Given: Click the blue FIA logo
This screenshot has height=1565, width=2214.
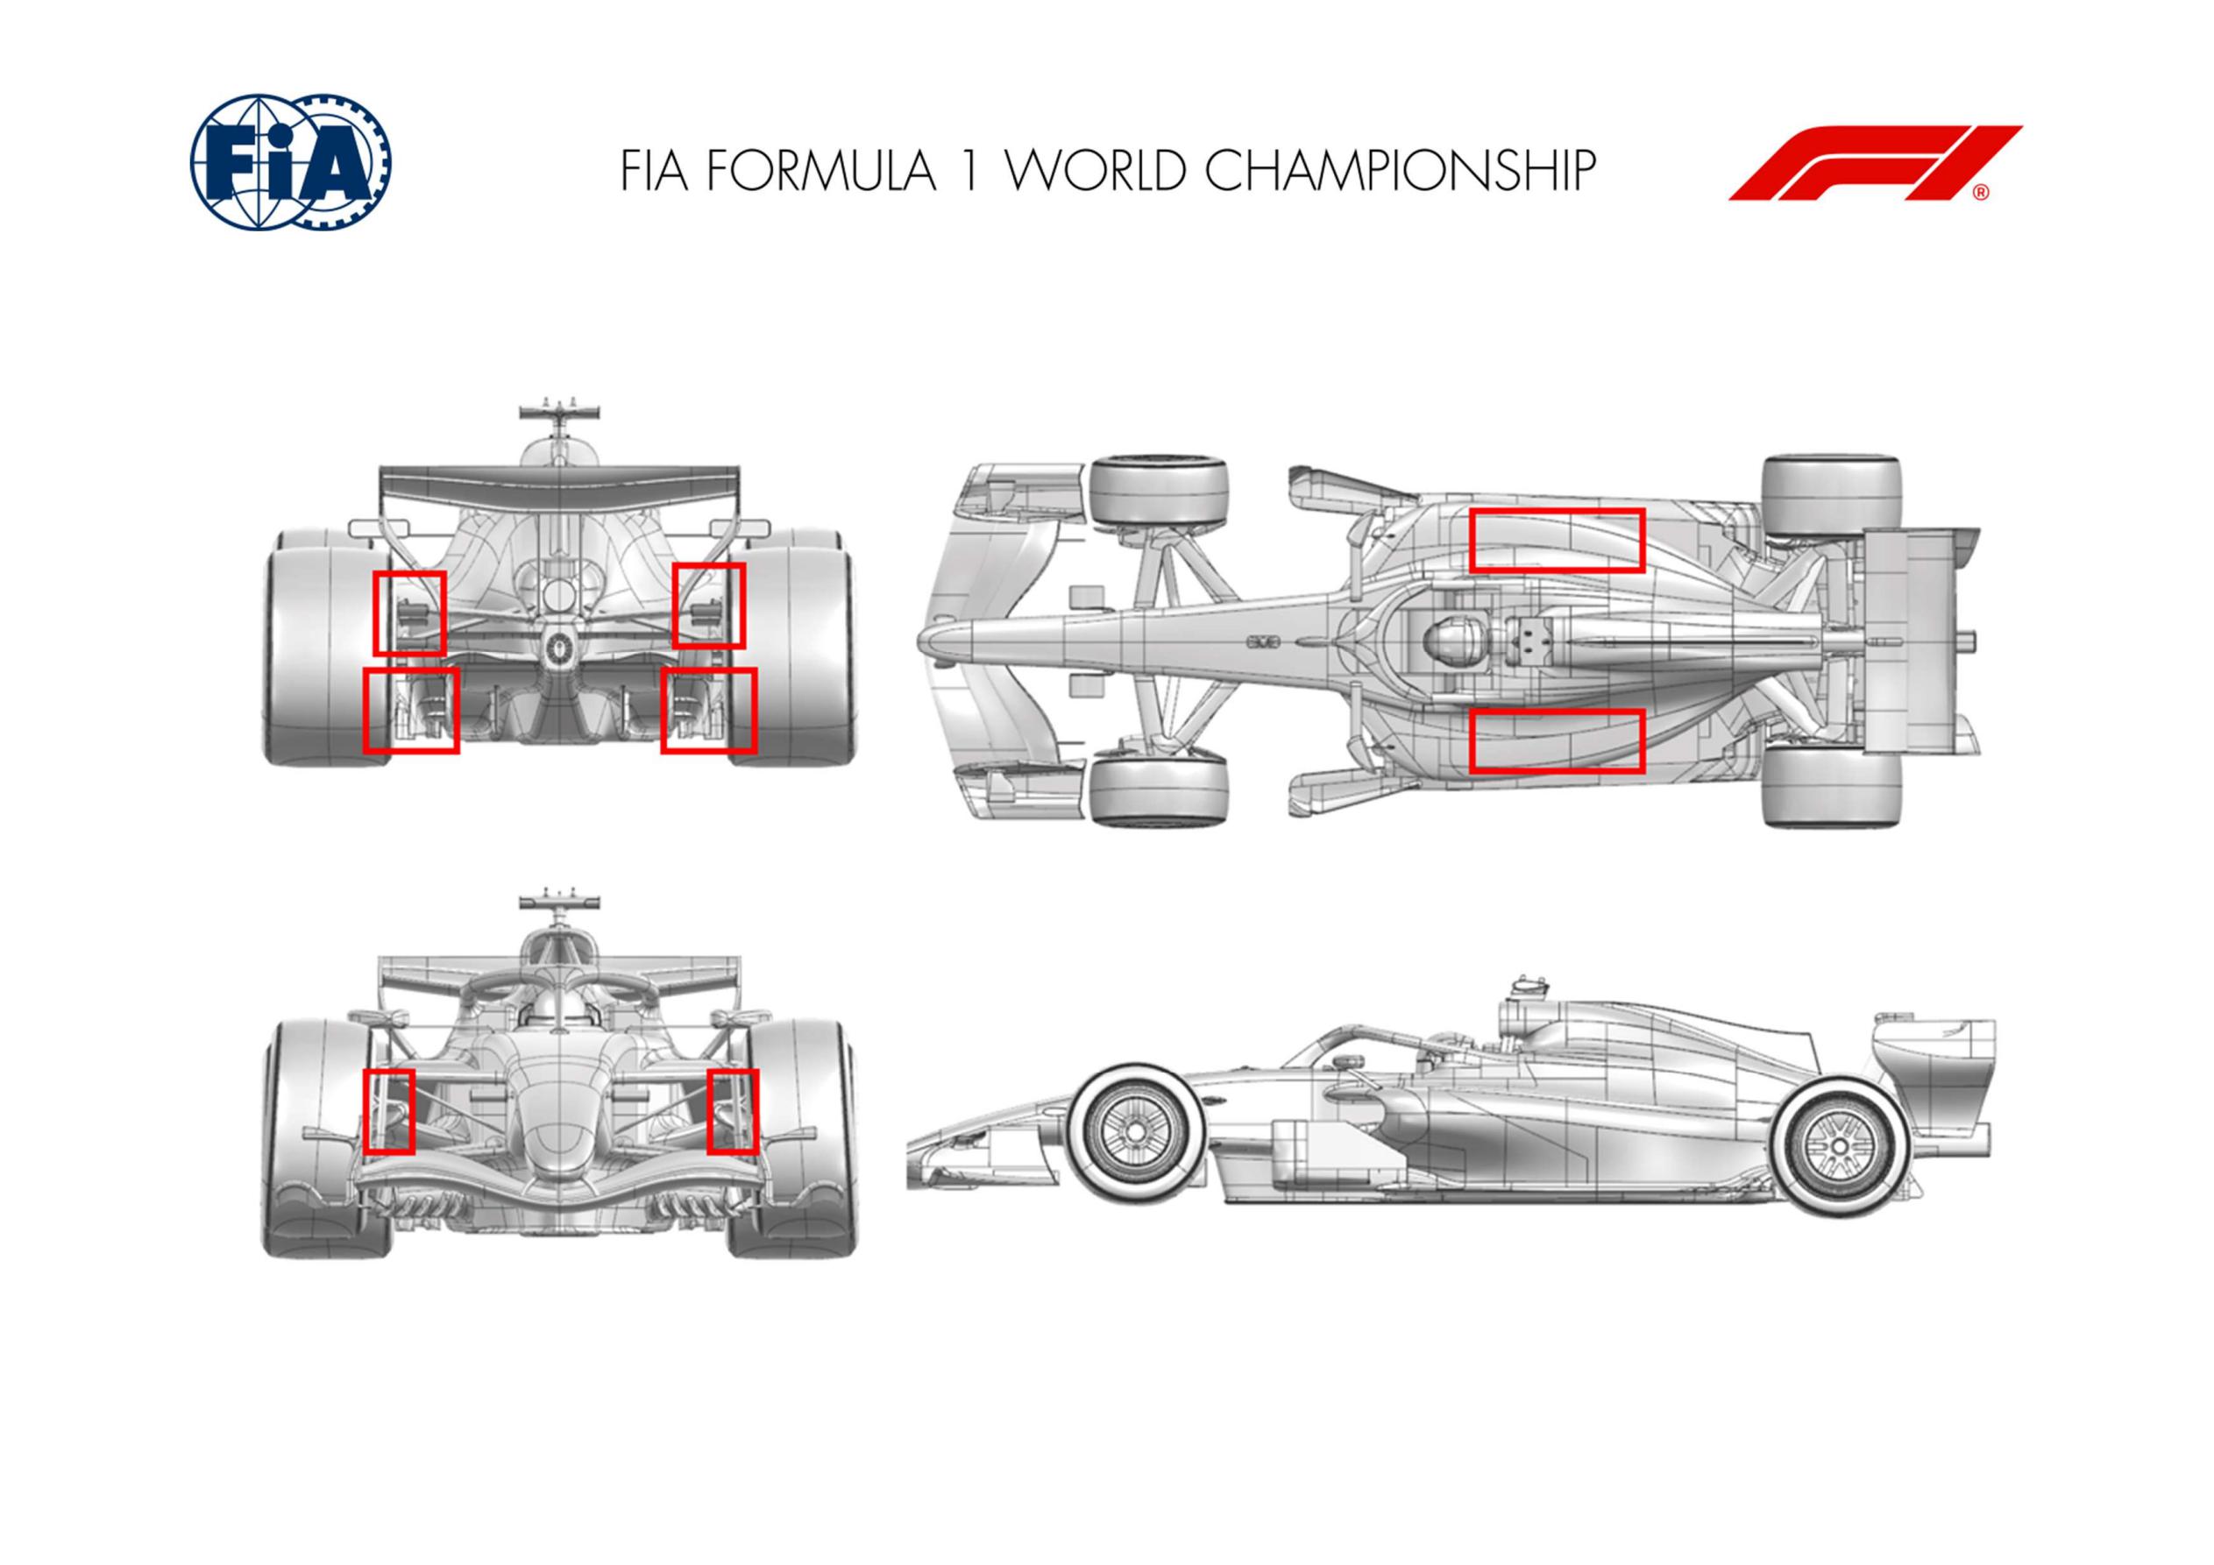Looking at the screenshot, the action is pos(290,165).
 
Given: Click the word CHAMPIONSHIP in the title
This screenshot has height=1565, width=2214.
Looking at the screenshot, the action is pos(1395,171).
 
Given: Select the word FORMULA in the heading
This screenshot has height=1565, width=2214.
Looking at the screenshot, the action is pos(820,171).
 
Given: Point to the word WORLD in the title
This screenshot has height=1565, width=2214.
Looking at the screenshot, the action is pos(1092,171).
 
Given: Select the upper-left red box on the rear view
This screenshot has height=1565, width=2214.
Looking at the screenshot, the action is pos(408,613).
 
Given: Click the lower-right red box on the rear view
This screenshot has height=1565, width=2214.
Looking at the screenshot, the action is pos(709,710).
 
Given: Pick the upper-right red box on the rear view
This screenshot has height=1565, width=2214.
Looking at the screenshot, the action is pos(710,605).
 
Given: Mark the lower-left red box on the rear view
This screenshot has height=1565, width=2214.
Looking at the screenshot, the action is pos(411,710).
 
